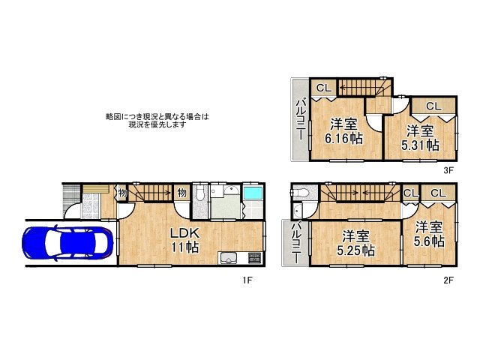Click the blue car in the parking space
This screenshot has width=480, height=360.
pyautogui.click(x=68, y=242)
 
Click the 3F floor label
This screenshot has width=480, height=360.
pyautogui.click(x=448, y=170)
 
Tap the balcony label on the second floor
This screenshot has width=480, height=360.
pyautogui.click(x=295, y=241)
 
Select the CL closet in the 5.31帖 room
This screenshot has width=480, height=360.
pyautogui.click(x=433, y=106)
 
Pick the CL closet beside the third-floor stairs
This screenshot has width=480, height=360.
pyautogui.click(x=323, y=88)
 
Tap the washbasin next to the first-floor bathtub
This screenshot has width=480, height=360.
pyautogui.click(x=231, y=191)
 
